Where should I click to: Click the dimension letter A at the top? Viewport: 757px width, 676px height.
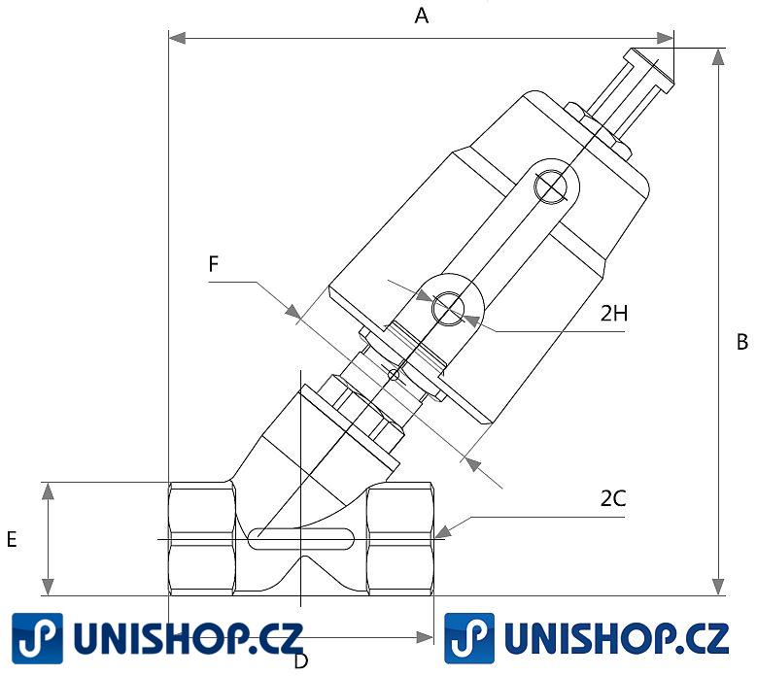[422, 15]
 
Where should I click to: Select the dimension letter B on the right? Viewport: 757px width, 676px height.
[741, 342]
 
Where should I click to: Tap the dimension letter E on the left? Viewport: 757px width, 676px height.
[12, 540]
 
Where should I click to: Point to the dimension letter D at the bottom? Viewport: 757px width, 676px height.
[301, 661]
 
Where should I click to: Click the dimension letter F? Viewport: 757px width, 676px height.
[214, 263]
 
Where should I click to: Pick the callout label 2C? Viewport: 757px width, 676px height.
[612, 499]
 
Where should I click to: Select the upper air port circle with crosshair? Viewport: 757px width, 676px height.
[550, 186]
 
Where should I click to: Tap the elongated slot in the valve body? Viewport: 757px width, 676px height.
[300, 537]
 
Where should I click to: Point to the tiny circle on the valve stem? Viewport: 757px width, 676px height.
[394, 375]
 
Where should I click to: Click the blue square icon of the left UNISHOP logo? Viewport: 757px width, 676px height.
[37, 638]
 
